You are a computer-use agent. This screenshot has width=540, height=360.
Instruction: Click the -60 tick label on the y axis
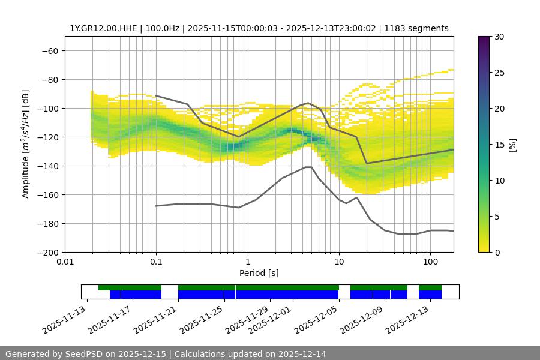[x=49, y=51]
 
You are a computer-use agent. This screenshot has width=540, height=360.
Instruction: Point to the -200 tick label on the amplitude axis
[x=47, y=253]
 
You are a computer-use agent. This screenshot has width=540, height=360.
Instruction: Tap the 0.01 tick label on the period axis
[x=65, y=262]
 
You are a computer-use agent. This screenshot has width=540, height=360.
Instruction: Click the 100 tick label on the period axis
[x=430, y=262]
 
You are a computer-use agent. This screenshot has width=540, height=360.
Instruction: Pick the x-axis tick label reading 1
[x=247, y=262]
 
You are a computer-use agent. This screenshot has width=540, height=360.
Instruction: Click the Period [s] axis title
[x=259, y=274]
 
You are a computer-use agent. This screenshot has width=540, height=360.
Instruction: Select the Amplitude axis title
[x=26, y=144]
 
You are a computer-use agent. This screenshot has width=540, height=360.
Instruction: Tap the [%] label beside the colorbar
[x=513, y=145]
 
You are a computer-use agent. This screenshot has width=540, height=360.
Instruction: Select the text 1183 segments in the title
[x=416, y=28]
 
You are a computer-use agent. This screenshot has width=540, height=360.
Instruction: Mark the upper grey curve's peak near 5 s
[x=308, y=103]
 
